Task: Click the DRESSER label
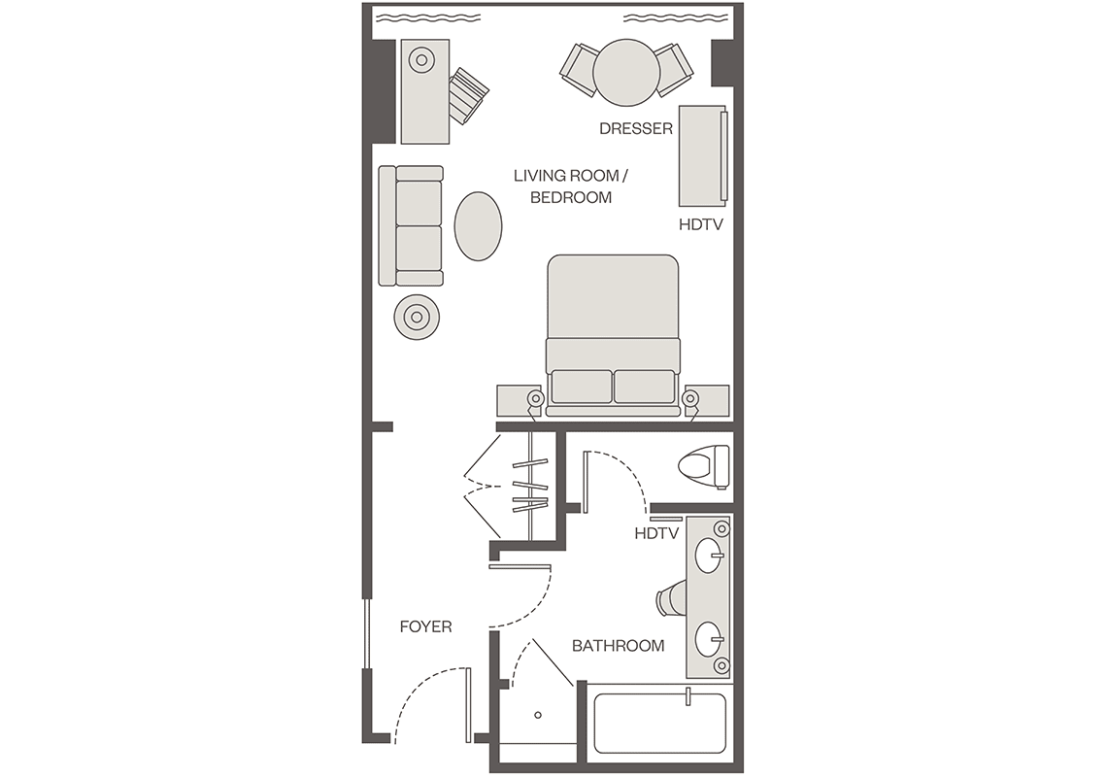coord(635,128)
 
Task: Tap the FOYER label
coord(425,626)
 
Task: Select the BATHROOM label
coord(618,646)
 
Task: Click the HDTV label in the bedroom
coord(701,224)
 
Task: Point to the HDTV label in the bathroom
coord(656,533)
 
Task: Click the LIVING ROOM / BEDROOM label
coord(570,186)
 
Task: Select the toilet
coord(704,466)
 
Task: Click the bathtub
coord(660,724)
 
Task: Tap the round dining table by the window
coord(626,72)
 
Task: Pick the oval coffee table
coord(478,226)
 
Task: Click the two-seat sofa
coord(411,226)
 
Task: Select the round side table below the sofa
coord(417,318)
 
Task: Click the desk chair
coord(469,95)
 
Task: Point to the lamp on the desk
coord(421,60)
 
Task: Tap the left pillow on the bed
coord(582,387)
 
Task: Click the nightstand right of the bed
coord(707,400)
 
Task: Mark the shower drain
coord(538,715)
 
